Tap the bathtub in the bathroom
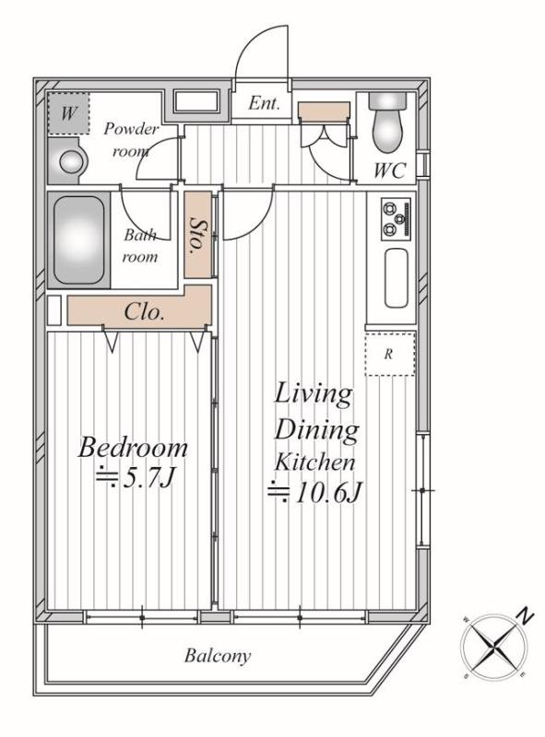coord(79,240)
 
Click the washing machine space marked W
coord(69,113)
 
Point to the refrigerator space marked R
coord(390,354)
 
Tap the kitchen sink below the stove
coord(397,278)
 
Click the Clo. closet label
coord(145,312)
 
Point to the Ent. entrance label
coord(264,103)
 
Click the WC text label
coord(389,170)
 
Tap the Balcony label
coord(218,656)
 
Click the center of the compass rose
coord(493,648)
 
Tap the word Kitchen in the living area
coord(314,462)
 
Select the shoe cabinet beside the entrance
coord(324,111)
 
